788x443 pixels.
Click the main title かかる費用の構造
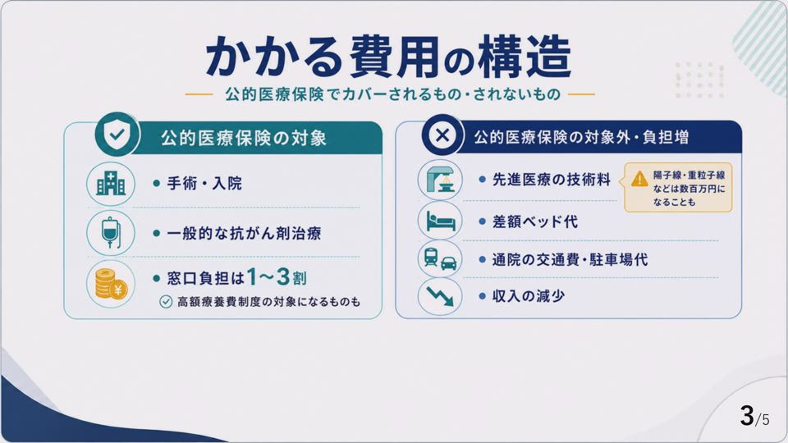point(388,57)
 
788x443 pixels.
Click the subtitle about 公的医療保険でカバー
point(392,94)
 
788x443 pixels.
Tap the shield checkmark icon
point(117,134)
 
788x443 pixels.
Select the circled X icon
point(442,135)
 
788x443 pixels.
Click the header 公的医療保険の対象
point(244,138)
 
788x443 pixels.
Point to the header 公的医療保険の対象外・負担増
point(581,137)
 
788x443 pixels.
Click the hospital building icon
point(111,183)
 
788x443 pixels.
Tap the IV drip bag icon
point(111,233)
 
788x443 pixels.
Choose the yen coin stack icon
point(111,284)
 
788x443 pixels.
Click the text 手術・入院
point(204,183)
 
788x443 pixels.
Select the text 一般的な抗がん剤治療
point(244,234)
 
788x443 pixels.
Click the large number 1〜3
point(268,276)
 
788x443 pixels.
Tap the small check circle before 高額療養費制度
point(166,301)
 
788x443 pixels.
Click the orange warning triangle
point(639,178)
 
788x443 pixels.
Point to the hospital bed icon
point(440,221)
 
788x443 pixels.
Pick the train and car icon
point(440,258)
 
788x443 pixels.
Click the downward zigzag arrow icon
point(440,296)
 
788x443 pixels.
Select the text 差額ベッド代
point(534,221)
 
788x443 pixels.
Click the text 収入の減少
point(528,296)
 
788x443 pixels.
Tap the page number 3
point(747,416)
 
